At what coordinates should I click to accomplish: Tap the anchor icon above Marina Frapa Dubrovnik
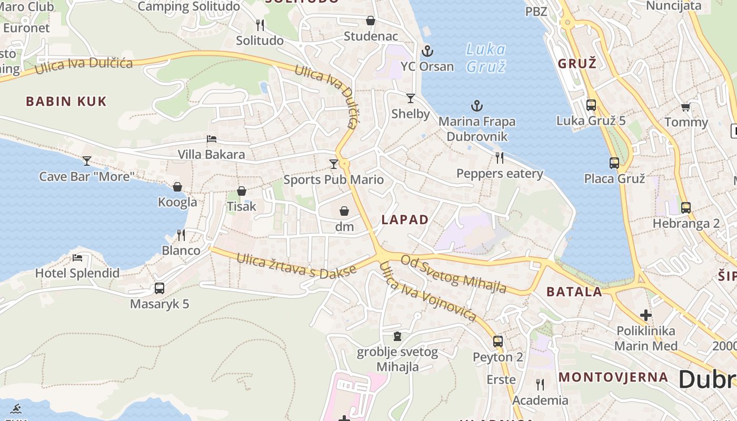point(476,106)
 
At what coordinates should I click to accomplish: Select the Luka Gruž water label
point(485,58)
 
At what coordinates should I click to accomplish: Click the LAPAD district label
point(405,220)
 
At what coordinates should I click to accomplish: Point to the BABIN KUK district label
point(66,102)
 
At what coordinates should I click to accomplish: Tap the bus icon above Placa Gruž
point(614,163)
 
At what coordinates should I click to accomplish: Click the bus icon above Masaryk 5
point(159,288)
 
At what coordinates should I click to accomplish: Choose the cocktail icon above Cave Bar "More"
point(87,161)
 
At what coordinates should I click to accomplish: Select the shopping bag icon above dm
point(344,211)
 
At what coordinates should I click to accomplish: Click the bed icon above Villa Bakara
point(212,139)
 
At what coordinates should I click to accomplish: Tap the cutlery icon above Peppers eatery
point(500,157)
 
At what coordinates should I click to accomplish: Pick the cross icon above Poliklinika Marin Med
point(645,315)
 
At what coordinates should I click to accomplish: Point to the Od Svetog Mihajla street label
point(453,274)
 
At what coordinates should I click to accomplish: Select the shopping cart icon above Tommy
point(685,107)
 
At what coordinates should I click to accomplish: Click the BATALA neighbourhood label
point(574,292)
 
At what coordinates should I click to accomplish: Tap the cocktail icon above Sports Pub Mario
point(333,164)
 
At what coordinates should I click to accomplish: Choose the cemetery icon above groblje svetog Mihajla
point(397,336)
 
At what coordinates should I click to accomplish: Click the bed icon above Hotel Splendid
point(77,258)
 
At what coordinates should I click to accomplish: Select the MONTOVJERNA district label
point(613,377)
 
